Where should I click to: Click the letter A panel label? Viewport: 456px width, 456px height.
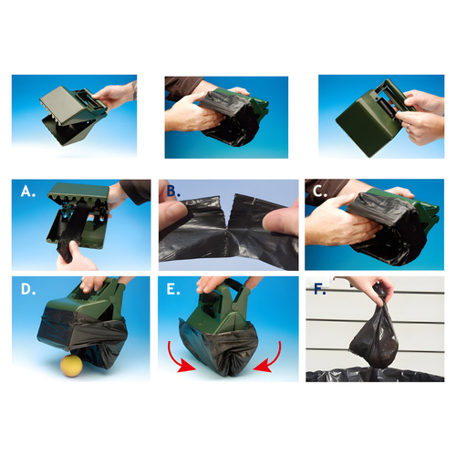[x=28, y=192]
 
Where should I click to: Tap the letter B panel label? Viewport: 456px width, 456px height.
[x=173, y=192]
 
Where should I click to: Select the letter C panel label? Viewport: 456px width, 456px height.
[x=321, y=192]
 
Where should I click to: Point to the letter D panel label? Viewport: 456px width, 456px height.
[x=28, y=289]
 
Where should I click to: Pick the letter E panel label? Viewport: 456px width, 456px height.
[x=173, y=289]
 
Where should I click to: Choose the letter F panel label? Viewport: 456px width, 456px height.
[x=320, y=289]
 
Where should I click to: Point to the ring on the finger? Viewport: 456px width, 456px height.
[x=409, y=128]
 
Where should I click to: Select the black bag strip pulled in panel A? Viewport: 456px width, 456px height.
[x=73, y=231]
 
